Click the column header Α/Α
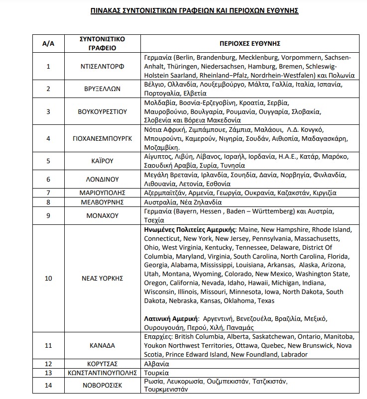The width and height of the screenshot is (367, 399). click(48, 43)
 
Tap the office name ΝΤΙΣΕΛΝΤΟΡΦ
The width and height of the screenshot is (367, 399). click(102, 66)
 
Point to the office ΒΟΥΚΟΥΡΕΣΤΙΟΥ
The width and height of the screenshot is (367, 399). click(102, 111)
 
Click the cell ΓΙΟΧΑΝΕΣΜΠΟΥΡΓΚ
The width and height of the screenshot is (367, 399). click(102, 138)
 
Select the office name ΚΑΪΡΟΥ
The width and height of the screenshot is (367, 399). click(102, 161)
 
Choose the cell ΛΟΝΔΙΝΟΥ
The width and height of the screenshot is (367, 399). click(102, 179)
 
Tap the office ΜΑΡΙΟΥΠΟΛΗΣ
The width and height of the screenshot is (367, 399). click(102, 193)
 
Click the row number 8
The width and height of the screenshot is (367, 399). click(48, 202)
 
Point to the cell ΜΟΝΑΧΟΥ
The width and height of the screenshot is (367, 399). click(102, 216)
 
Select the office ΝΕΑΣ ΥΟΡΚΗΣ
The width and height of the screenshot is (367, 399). click(102, 278)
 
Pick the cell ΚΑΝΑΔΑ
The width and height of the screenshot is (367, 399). click(102, 345)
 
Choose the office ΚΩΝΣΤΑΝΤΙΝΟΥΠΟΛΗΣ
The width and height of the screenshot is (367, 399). click(102, 373)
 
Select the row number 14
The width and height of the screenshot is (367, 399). click(48, 386)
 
